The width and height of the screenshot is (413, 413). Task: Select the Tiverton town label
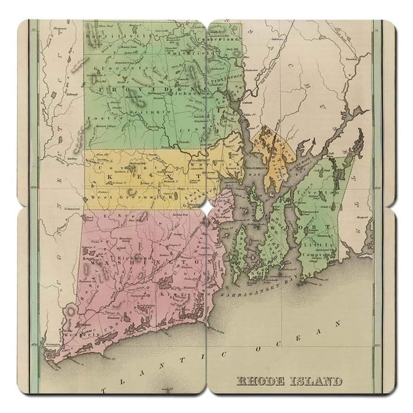pyautogui.click(x=323, y=193)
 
